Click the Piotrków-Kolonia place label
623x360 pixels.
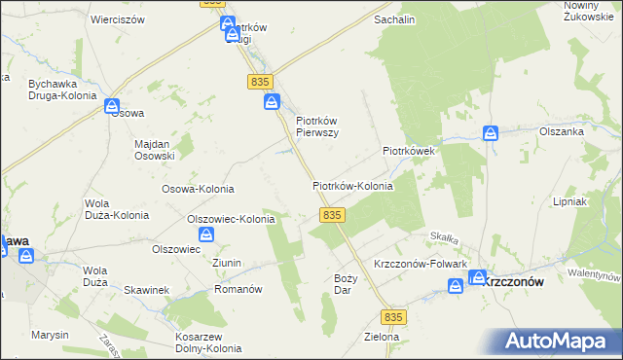point(352,186)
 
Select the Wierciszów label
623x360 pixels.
point(117,19)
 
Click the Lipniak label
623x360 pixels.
point(595,208)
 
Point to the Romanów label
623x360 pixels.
point(238,290)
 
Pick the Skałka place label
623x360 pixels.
point(445,236)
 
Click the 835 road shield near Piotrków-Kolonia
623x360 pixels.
point(332,214)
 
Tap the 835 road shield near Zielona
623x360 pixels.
point(392,317)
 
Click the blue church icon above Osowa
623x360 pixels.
point(112,104)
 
